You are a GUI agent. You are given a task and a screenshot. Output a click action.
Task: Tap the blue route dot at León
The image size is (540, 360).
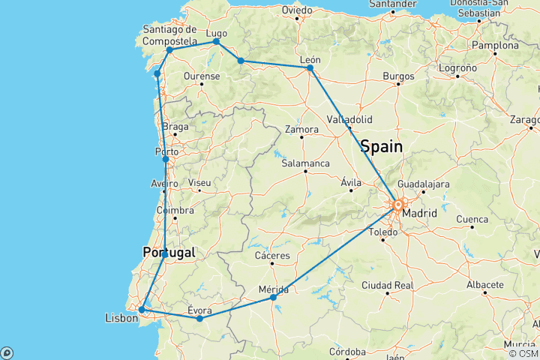(x=310, y=67)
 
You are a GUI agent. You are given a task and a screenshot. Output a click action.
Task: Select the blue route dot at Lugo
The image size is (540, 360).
(x=217, y=42)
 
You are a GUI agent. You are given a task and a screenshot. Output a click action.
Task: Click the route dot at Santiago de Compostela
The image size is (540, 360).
(x=169, y=50)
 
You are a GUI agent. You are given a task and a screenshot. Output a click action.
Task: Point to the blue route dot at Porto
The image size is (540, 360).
(x=166, y=159)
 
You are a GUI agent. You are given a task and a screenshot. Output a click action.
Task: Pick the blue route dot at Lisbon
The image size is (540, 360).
(x=142, y=309)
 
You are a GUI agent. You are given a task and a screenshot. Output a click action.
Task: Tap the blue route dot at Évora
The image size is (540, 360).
(x=199, y=319)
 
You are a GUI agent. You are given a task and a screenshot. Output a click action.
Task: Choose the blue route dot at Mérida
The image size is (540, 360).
(x=274, y=298)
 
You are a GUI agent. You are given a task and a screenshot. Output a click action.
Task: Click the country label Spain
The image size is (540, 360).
(x=382, y=145)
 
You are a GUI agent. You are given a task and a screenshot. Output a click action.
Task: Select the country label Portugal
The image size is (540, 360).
(x=169, y=253)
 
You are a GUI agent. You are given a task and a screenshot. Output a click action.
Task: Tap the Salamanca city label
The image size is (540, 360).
(x=305, y=163)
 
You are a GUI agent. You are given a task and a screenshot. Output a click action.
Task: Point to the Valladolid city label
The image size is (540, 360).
(x=350, y=120)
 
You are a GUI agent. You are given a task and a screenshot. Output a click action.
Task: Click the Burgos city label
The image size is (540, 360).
(x=398, y=76)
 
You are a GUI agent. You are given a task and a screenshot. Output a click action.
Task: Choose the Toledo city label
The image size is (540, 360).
(x=384, y=232)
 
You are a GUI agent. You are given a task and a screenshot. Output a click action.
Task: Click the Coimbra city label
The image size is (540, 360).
(x=174, y=211)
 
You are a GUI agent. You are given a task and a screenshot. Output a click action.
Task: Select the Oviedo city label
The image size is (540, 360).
(x=297, y=10)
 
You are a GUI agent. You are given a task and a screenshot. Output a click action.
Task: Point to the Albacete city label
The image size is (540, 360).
(x=484, y=285)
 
